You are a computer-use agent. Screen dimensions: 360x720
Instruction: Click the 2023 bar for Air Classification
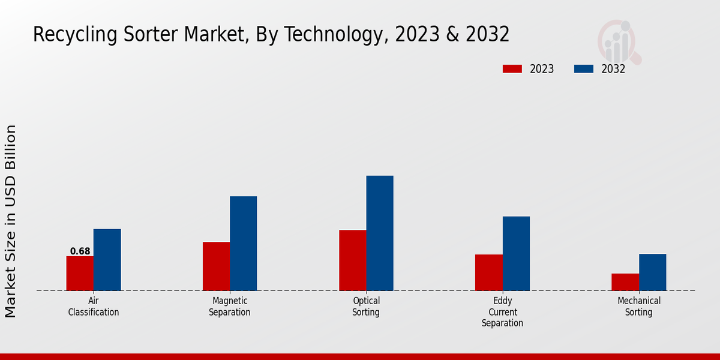(x=80, y=274)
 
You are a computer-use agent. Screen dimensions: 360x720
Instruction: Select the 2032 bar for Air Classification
(x=107, y=260)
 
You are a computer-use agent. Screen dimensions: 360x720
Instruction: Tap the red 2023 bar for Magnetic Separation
(x=216, y=266)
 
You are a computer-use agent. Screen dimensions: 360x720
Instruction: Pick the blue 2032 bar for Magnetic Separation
(x=243, y=244)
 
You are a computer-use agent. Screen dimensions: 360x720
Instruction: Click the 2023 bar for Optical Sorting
(x=352, y=260)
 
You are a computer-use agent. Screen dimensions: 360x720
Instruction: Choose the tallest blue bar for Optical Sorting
(x=380, y=233)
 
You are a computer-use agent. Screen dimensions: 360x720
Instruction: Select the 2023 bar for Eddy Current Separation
(x=489, y=272)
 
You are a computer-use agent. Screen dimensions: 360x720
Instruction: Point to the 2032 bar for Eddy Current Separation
(x=516, y=254)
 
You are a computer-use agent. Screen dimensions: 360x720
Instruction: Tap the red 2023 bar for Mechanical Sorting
(x=625, y=282)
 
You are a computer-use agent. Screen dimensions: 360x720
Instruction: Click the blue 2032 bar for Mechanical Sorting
(x=652, y=272)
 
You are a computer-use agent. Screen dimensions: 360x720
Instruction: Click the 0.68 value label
(x=80, y=251)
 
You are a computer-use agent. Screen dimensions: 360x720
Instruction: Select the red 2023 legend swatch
(x=512, y=69)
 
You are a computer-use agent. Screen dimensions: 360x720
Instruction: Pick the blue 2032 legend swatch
(x=583, y=69)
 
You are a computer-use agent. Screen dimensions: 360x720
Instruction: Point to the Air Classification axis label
(x=94, y=307)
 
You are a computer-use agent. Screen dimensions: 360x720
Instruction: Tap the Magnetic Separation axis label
(x=230, y=307)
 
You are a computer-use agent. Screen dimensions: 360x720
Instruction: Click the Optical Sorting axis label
(x=366, y=307)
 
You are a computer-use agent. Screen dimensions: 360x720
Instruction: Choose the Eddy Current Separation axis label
(x=502, y=312)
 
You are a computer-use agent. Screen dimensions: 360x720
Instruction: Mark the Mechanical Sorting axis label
(x=639, y=307)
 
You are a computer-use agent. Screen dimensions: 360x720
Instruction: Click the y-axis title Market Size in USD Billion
(x=11, y=221)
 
